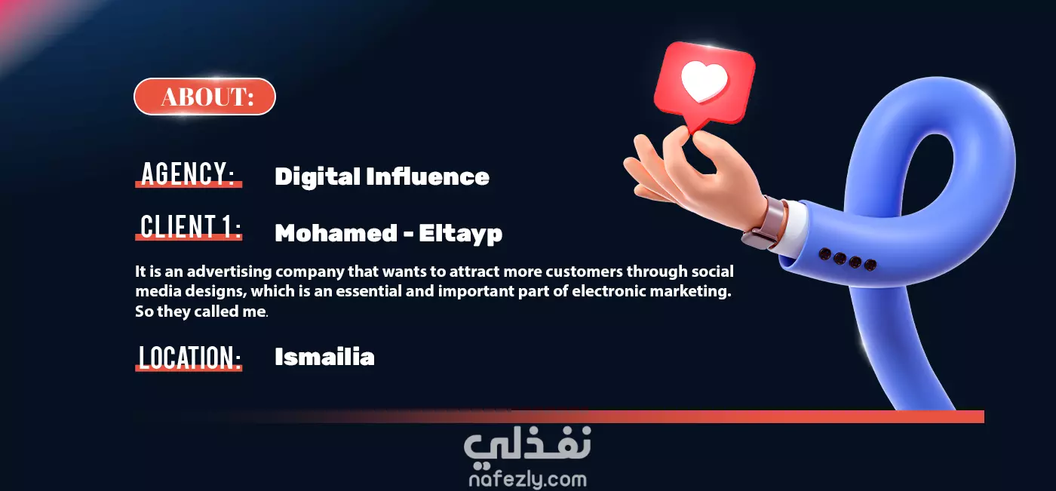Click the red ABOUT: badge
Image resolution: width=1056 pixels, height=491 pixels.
pyautogui.click(x=204, y=97)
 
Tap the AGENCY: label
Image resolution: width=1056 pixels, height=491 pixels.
pyautogui.click(x=188, y=173)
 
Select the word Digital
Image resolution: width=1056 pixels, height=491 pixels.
pyautogui.click(x=318, y=177)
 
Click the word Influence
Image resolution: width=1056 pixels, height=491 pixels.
pyautogui.click(x=428, y=176)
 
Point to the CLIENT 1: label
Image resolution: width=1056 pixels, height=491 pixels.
pyautogui.click(x=190, y=226)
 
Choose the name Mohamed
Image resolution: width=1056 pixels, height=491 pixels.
pyautogui.click(x=336, y=233)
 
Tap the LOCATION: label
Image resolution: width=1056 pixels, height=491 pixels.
pyautogui.click(x=189, y=358)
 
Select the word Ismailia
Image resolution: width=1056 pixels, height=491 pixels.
pyautogui.click(x=324, y=357)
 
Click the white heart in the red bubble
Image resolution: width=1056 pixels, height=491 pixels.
pyautogui.click(x=705, y=82)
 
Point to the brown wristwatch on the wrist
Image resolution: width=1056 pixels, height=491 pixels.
pyautogui.click(x=765, y=223)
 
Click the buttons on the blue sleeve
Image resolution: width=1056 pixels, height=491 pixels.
pyautogui.click(x=847, y=259)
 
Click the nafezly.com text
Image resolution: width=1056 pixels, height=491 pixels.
pyautogui.click(x=527, y=480)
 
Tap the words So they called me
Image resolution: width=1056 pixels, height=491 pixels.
pyautogui.click(x=201, y=311)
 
